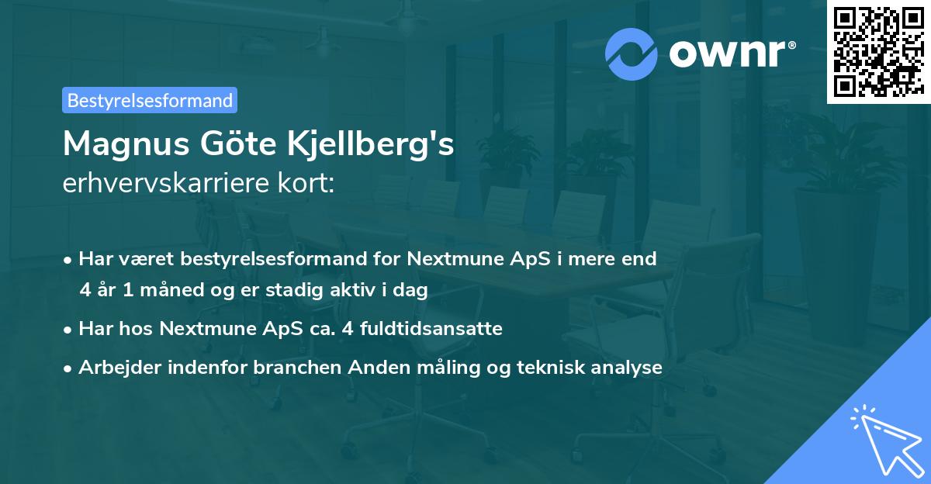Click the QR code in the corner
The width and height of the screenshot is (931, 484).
point(878,52)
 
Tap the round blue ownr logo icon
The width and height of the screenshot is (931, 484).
point(632,53)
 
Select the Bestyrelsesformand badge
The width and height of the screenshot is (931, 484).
point(150,100)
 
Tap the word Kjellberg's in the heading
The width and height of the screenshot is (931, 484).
point(372,144)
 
